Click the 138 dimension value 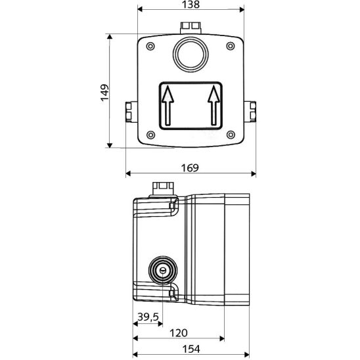point(191,5)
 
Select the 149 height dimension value point(104,93)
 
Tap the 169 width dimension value point(190,168)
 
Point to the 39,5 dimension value point(148,317)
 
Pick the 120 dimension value point(179,332)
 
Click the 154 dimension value point(191,349)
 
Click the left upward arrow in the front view point(168,105)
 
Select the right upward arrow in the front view point(214,105)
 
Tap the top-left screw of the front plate point(150,47)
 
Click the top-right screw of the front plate point(231,46)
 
